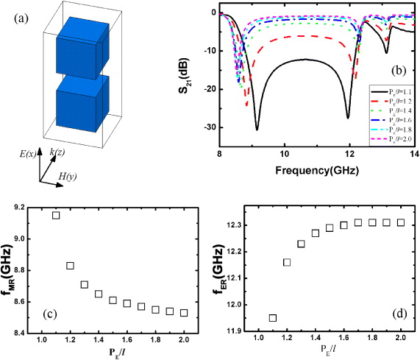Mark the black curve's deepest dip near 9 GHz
click(257, 129)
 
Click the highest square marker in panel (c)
click(55, 215)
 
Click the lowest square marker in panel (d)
click(273, 318)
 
